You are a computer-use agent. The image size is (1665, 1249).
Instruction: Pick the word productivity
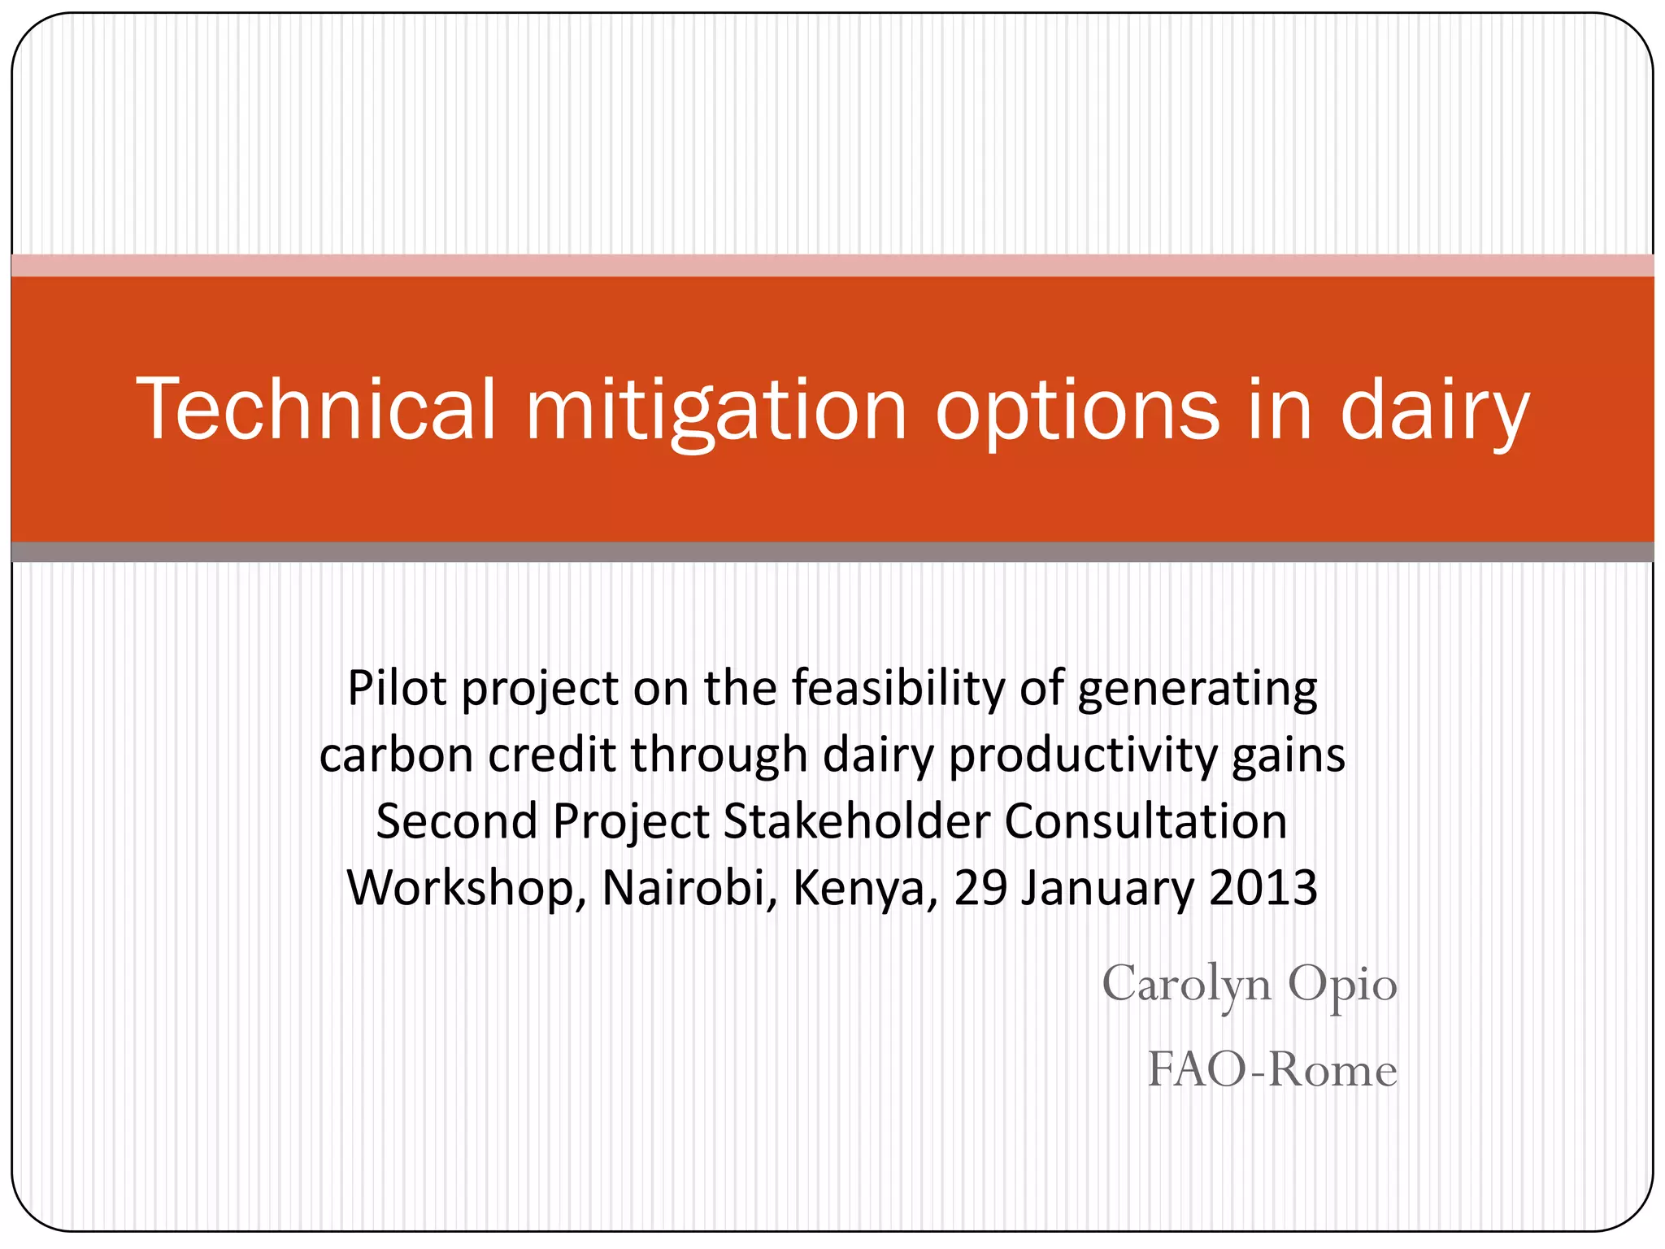coord(1082,755)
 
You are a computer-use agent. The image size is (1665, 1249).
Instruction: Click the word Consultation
coord(1146,821)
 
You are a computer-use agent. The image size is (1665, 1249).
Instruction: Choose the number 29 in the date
coord(980,888)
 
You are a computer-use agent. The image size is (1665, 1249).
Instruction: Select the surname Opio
coord(1342,984)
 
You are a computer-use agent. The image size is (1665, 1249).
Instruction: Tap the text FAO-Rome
coord(1272,1069)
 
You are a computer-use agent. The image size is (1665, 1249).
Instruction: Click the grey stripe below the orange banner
coord(832,552)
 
